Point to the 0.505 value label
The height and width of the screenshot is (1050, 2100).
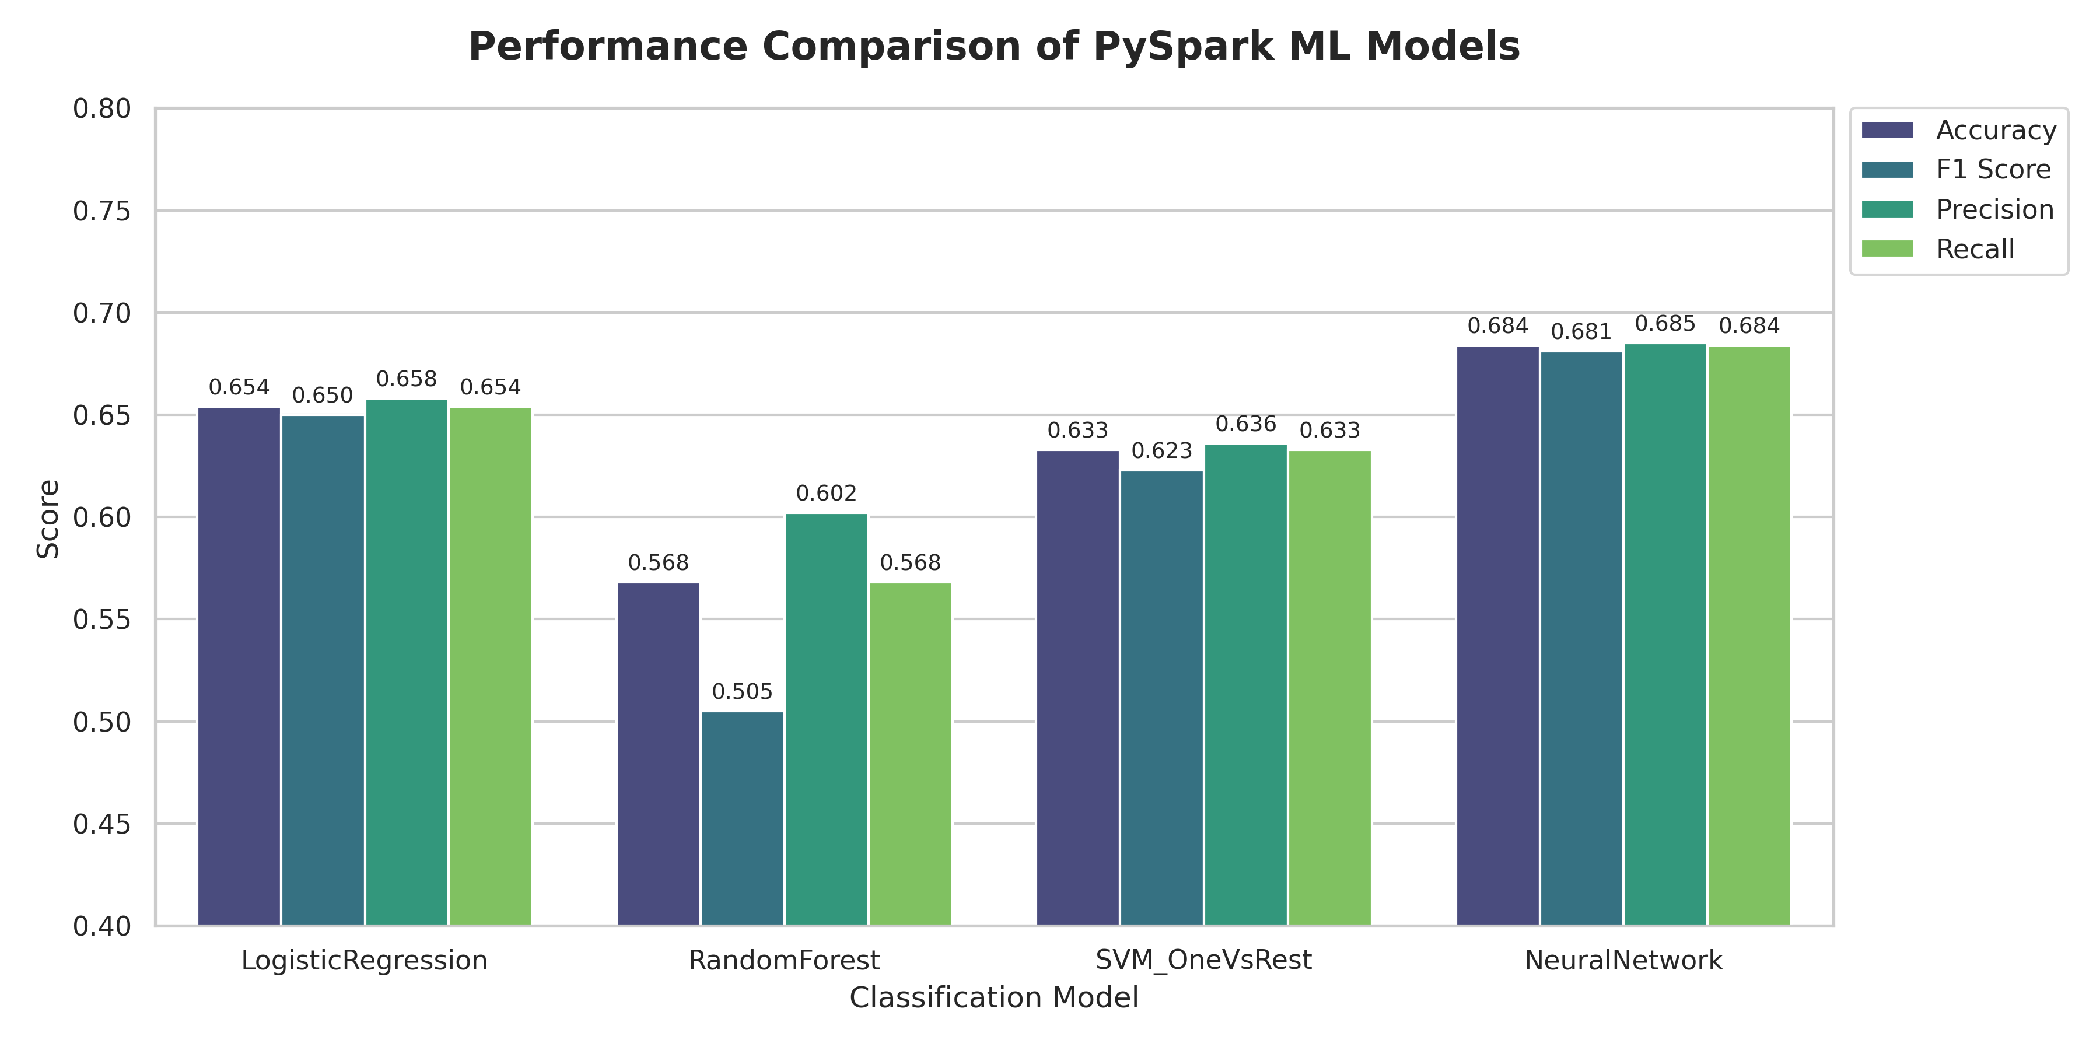[742, 692]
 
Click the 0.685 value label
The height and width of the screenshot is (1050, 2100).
[1665, 324]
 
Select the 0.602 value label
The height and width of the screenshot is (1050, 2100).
[826, 493]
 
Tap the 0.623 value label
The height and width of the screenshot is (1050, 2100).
[1161, 451]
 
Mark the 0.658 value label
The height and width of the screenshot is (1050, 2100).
[406, 379]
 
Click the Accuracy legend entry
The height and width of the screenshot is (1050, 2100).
[1996, 131]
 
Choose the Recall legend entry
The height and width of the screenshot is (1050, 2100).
[1975, 250]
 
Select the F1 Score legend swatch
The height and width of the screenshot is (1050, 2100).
[1887, 170]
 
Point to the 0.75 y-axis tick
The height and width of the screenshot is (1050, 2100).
[102, 211]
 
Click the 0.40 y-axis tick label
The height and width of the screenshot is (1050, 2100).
[102, 926]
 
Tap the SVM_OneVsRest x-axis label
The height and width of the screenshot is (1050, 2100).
[1203, 960]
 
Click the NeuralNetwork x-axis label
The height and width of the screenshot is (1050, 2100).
[1623, 960]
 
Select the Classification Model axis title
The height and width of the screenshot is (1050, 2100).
[994, 998]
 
